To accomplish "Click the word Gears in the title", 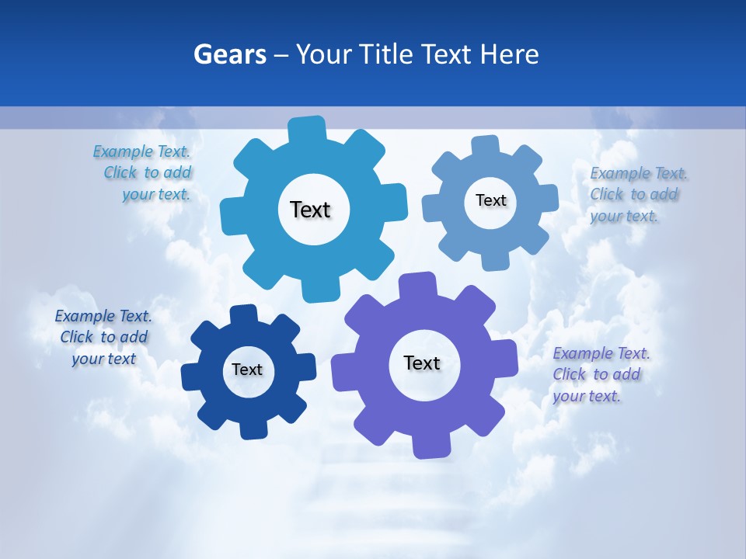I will click(230, 54).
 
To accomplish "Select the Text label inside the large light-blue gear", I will click(310, 210).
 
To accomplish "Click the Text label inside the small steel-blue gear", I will click(490, 200).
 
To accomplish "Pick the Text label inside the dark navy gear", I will click(247, 370).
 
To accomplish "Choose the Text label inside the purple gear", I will click(422, 363).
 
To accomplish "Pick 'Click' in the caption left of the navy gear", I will click(76, 337).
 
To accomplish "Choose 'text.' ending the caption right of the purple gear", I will click(604, 396).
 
